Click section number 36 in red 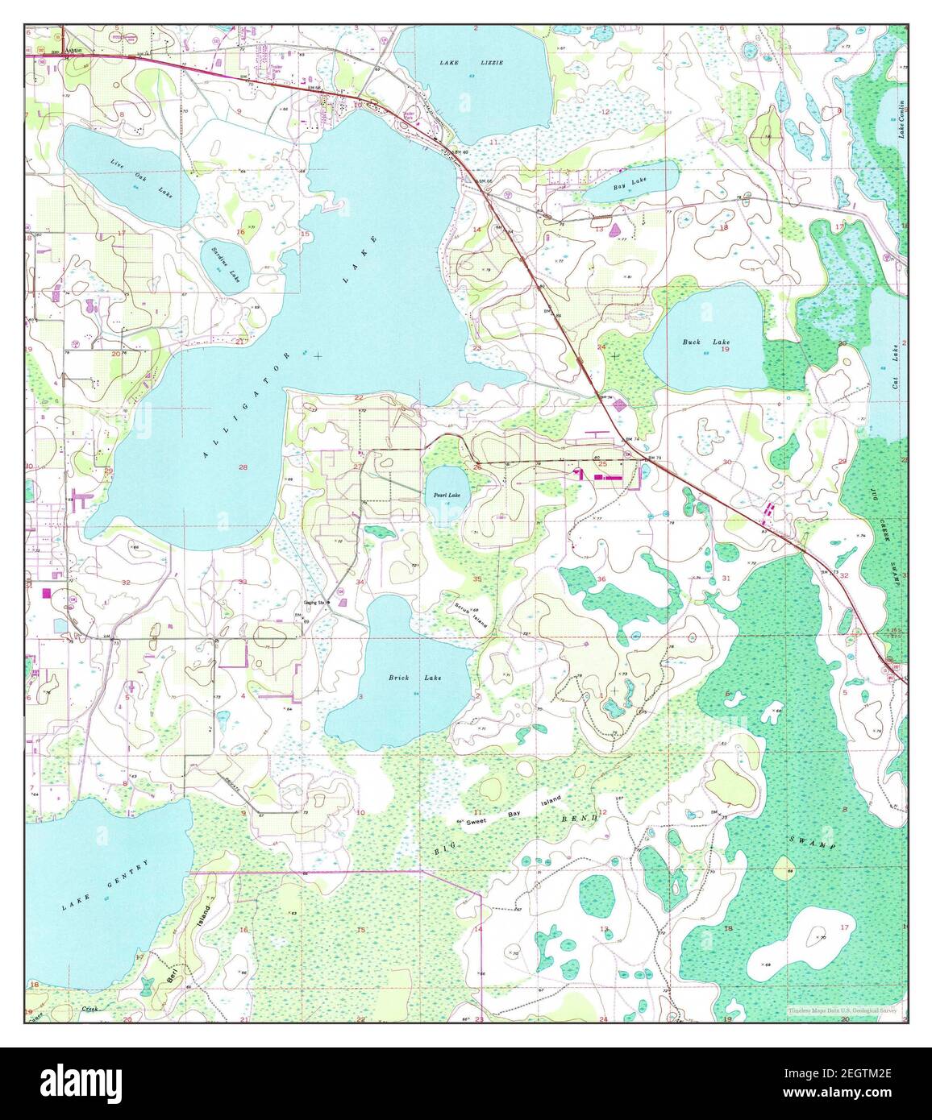coord(601,579)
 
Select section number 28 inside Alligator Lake coord(242,467)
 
